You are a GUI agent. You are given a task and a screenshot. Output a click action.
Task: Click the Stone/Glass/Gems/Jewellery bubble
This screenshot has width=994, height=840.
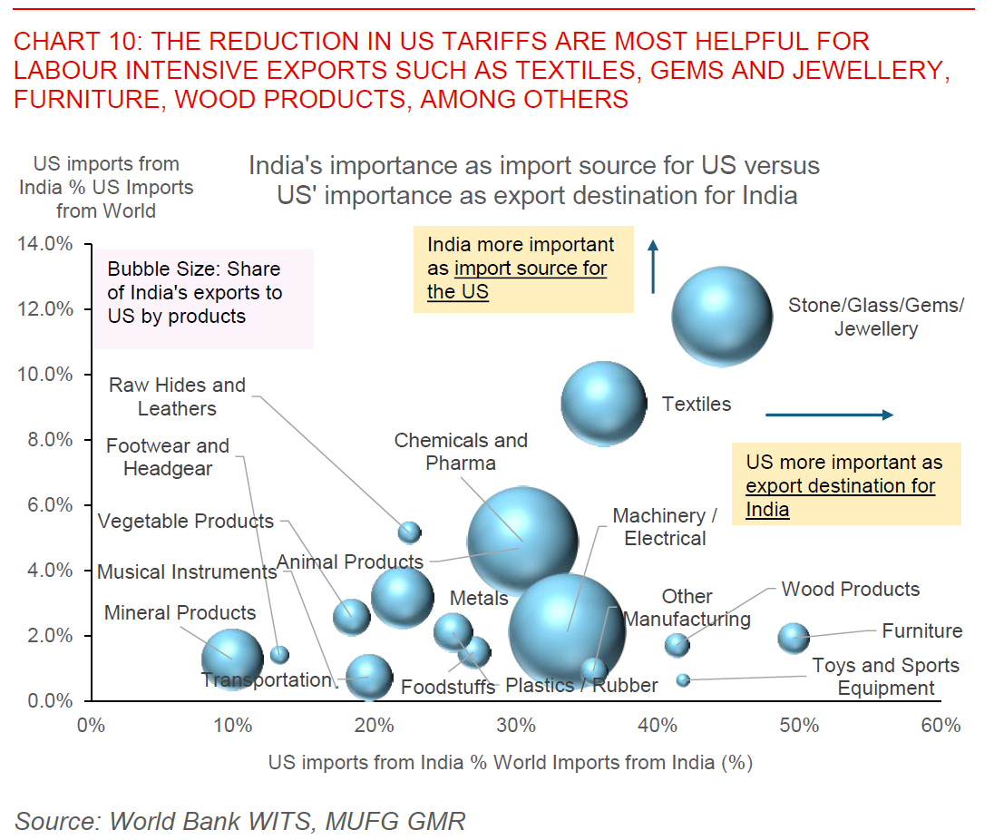pos(722,317)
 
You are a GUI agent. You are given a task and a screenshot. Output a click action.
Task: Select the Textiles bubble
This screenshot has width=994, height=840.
pos(603,404)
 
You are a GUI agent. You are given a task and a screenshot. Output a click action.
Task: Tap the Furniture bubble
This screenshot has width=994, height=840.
pos(794,638)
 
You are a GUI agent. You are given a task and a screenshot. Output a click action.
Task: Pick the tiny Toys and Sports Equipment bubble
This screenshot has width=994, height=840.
pos(683,679)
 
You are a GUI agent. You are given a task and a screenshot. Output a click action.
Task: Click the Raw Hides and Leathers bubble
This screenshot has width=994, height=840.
pos(410,532)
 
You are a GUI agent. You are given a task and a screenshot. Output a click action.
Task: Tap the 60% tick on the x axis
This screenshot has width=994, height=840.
pos(940,725)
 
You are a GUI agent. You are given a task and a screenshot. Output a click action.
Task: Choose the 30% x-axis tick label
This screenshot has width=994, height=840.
pos(516,725)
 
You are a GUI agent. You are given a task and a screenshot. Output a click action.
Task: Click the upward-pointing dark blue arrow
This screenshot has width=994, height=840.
pos(653,267)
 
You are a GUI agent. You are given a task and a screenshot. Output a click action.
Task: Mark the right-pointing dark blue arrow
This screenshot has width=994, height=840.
pos(829,415)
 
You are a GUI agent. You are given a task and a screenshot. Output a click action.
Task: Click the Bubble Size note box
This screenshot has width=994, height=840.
pos(204,298)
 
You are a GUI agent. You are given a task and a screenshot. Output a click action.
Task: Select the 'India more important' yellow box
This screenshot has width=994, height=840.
pos(523,269)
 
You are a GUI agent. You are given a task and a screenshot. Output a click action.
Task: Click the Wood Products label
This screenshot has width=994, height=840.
pos(850,590)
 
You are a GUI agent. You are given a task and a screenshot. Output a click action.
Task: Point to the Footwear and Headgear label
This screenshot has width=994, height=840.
pos(168,457)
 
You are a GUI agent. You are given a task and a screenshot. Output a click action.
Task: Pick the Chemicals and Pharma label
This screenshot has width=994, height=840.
pos(461,452)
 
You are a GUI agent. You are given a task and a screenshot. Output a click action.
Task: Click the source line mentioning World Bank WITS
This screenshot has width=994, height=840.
pos(239,821)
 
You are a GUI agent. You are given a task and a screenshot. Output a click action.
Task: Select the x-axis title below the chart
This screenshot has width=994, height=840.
pos(511,762)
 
